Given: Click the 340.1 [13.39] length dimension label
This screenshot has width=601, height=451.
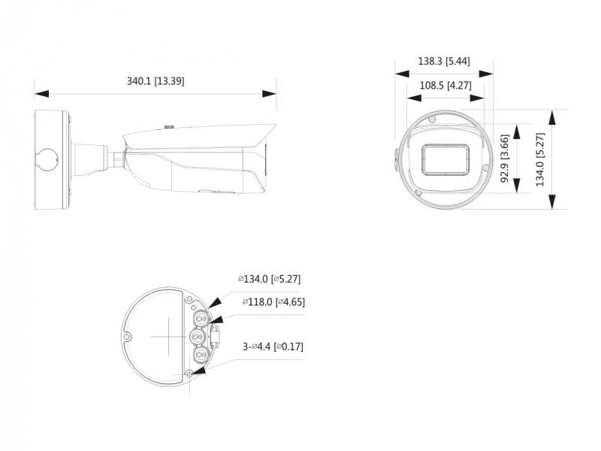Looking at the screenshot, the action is tap(156, 81).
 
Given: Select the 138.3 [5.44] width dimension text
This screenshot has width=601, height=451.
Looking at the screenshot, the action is tap(444, 61).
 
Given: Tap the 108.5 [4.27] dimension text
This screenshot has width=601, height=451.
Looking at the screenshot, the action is tap(445, 85).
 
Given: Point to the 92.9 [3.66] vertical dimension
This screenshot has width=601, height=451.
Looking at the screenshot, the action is tap(505, 158).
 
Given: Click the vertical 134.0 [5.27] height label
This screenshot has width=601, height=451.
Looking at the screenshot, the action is tap(539, 159).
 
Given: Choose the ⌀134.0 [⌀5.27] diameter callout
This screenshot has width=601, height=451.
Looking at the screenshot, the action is tap(269, 279).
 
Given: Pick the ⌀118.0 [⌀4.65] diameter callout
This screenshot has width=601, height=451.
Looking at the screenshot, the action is tap(273, 302).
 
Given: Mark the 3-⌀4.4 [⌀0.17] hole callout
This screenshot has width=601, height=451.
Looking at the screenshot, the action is tap(273, 347).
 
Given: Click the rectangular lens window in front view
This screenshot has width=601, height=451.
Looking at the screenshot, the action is tap(445, 159).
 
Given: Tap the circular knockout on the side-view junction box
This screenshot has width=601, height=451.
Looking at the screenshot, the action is tap(46, 160).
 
